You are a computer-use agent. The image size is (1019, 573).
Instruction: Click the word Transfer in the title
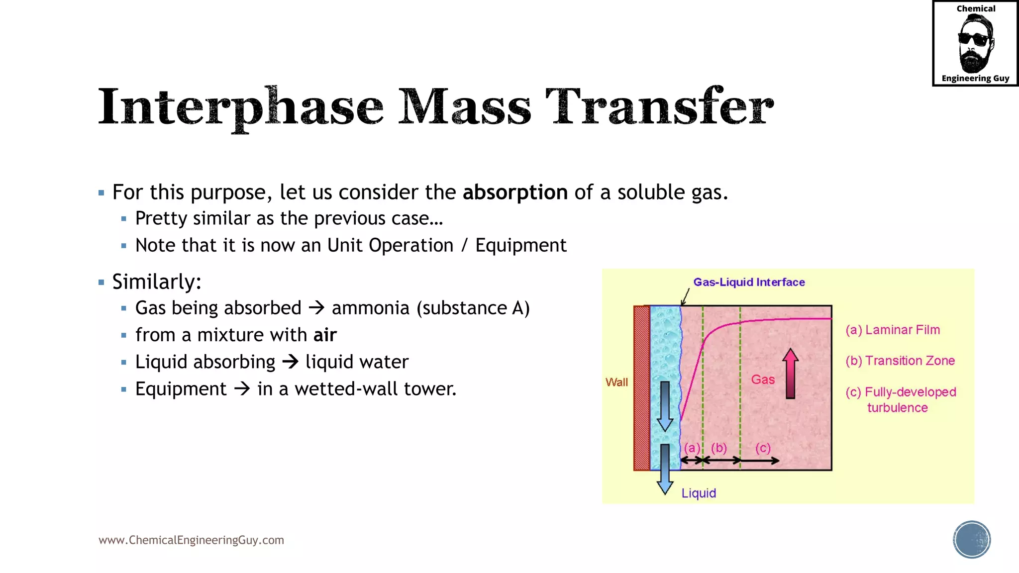point(659,106)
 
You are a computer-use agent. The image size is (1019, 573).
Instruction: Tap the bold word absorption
point(515,192)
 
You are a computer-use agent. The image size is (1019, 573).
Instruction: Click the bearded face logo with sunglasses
point(975,44)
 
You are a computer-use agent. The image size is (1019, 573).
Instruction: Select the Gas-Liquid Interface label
point(749,282)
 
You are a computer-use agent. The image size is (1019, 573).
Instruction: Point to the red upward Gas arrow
point(790,374)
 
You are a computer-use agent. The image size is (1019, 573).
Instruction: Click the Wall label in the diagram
point(616,382)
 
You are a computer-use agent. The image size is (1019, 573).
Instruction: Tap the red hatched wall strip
point(641,388)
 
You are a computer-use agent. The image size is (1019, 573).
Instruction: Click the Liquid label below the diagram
point(699,493)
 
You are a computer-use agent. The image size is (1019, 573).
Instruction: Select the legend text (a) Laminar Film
point(893,330)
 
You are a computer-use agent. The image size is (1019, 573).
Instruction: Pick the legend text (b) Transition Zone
point(900,361)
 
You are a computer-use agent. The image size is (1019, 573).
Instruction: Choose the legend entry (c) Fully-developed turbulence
point(901,399)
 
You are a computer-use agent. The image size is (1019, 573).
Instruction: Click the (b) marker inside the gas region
point(719,448)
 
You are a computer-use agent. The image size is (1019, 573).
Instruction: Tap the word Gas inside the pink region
point(763,380)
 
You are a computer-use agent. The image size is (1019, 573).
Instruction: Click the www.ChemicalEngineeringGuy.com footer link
point(191,540)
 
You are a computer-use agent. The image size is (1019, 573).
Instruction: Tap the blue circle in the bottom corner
point(972,540)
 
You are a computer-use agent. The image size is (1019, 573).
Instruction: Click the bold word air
point(325,335)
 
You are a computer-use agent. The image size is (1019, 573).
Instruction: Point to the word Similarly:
point(157,282)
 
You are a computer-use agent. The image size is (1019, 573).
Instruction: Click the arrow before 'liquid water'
point(290,362)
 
